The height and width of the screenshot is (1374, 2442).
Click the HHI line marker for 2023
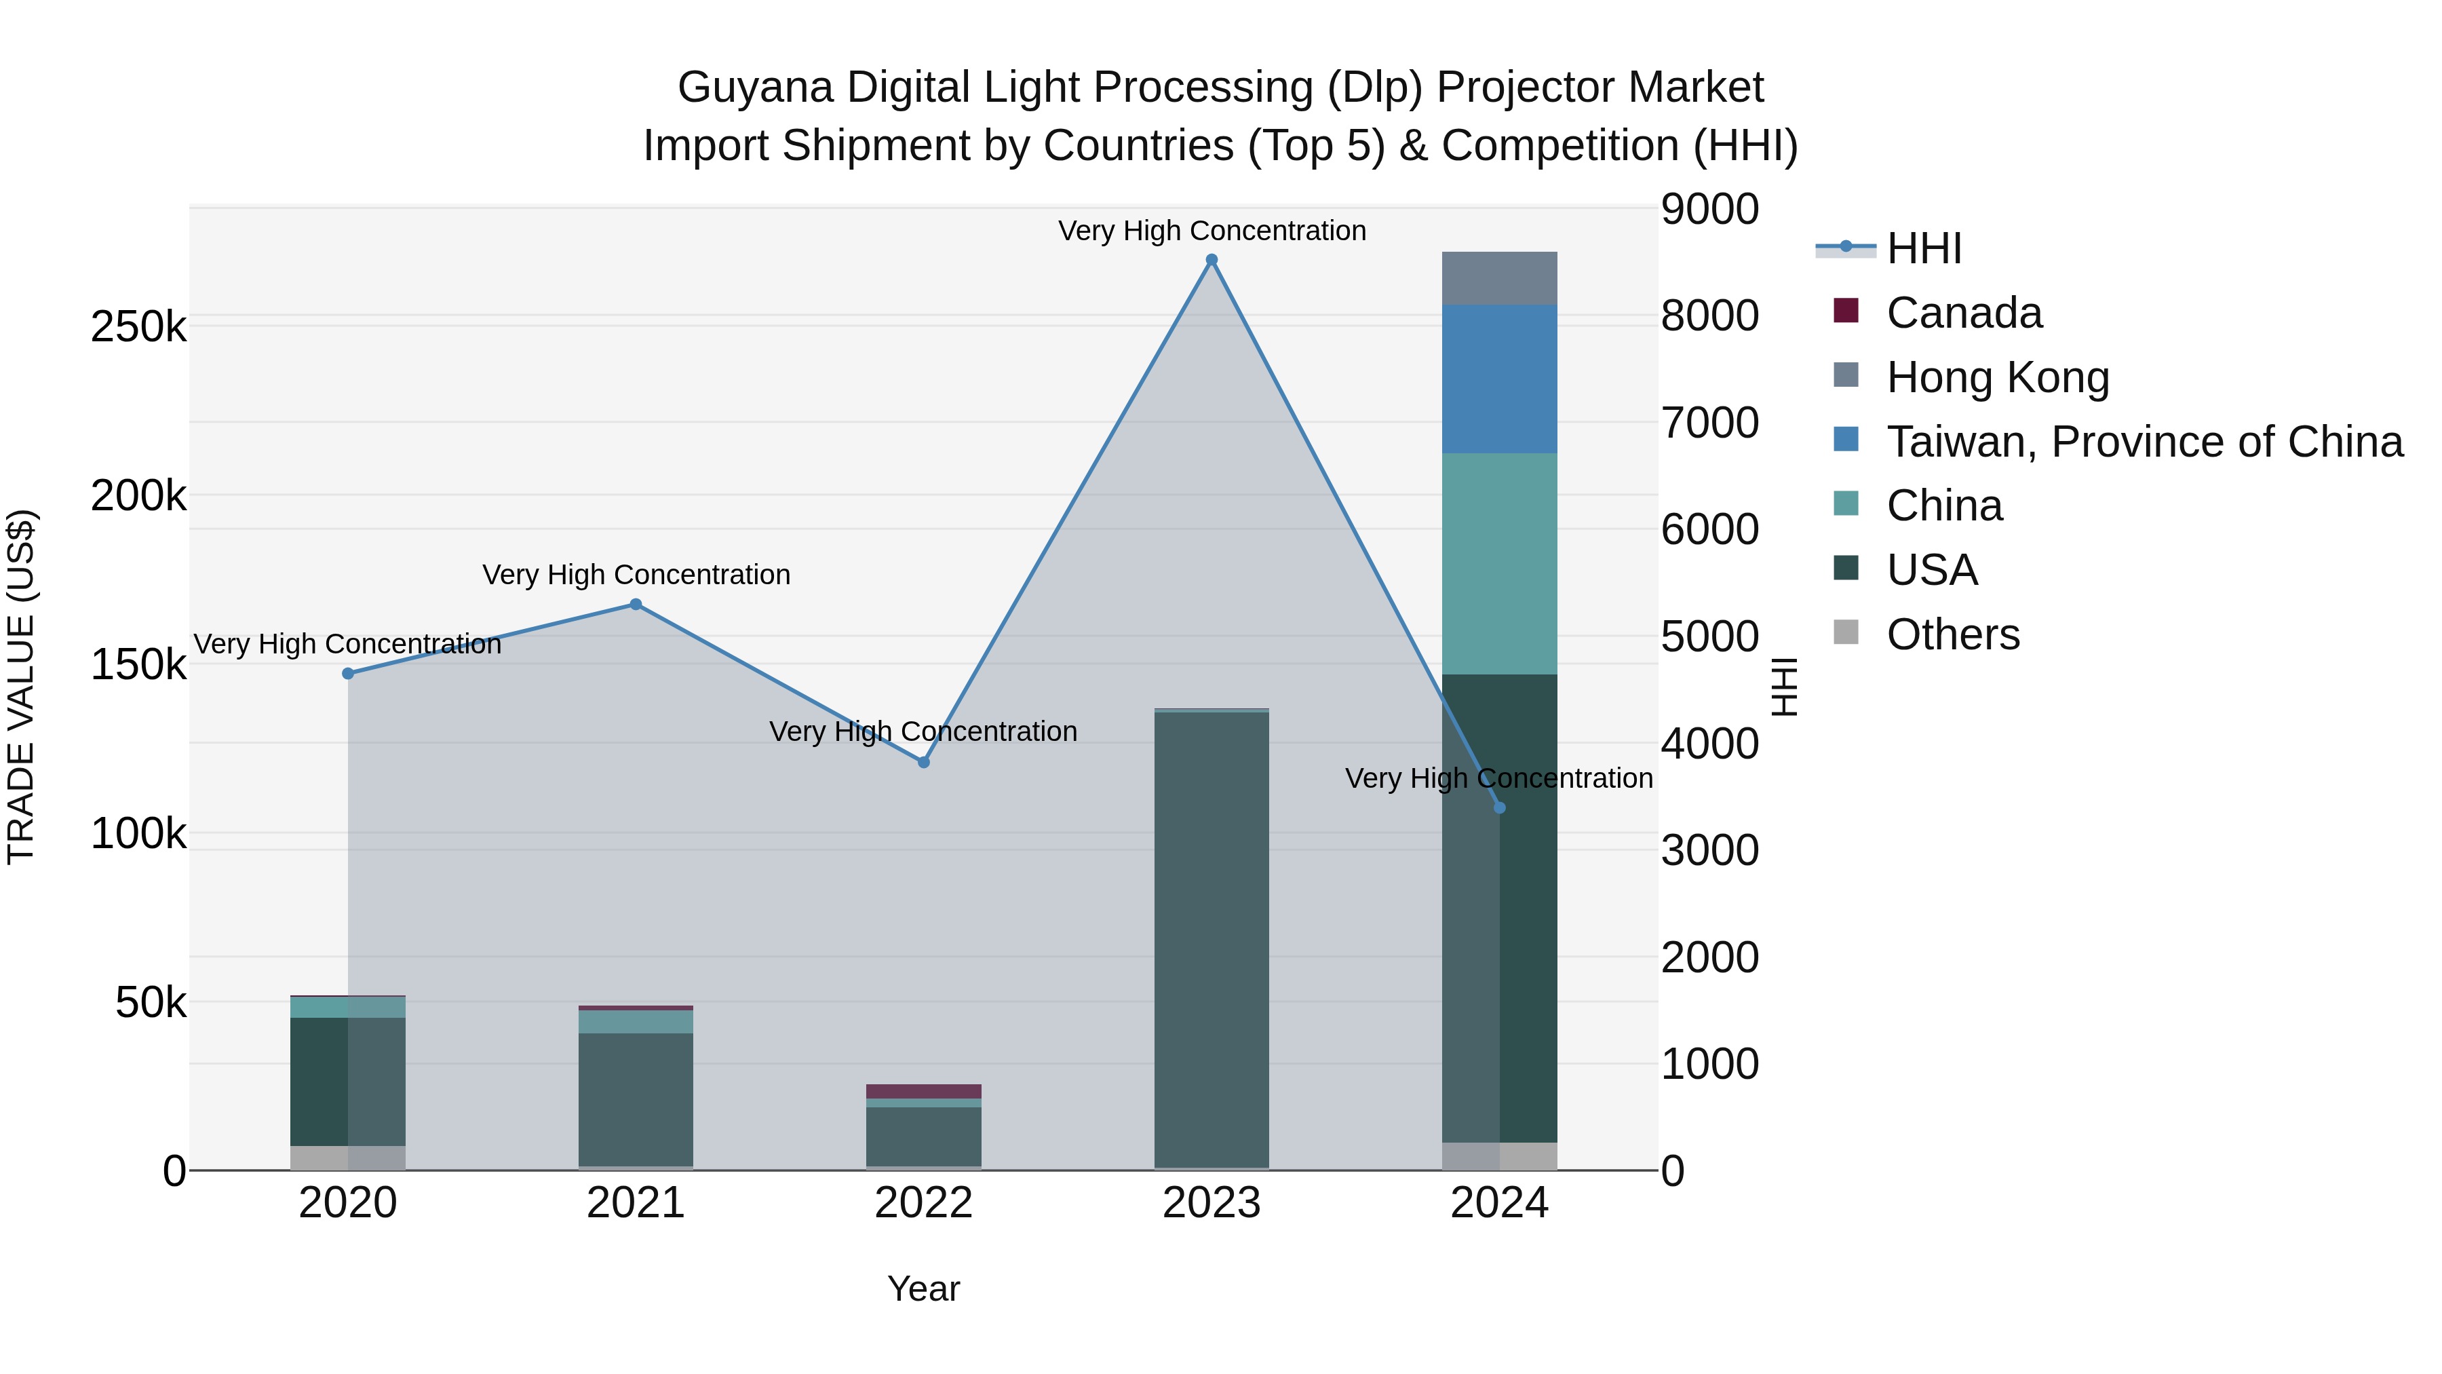(x=1212, y=260)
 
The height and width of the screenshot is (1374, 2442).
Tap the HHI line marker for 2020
(x=348, y=673)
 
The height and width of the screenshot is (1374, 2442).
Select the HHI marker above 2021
(x=636, y=604)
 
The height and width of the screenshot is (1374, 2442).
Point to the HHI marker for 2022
(x=923, y=763)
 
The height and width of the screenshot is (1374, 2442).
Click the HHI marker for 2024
(x=1500, y=808)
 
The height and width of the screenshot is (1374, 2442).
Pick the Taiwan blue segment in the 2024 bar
(x=1500, y=379)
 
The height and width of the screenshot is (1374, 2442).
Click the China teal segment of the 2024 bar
(x=1500, y=565)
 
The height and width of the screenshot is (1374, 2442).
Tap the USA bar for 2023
(x=1212, y=939)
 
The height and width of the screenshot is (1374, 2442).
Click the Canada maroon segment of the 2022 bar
(x=923, y=1092)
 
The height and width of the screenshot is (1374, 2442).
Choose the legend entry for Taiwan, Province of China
(x=2144, y=442)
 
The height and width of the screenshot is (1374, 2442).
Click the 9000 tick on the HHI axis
(x=1709, y=210)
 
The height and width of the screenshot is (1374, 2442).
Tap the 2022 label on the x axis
(x=923, y=1203)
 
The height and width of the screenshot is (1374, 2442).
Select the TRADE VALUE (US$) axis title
(x=21, y=687)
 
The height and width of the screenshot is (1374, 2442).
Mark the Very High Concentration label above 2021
(x=636, y=575)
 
